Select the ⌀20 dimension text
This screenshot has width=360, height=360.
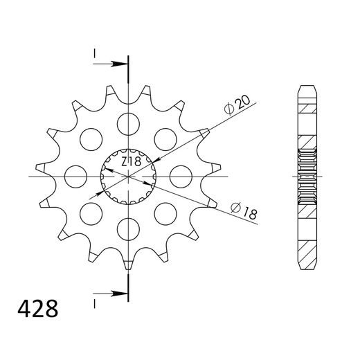pos(238,105)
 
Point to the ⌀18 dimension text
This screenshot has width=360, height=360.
pos(244,211)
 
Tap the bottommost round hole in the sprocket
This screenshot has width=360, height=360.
pos(128,228)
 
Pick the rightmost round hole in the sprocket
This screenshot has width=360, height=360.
pos(180,176)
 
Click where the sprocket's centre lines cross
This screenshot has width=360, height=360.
pos(128,176)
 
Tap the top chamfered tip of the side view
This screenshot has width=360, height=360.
pos(307,89)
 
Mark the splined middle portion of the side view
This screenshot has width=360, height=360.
pos(307,176)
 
